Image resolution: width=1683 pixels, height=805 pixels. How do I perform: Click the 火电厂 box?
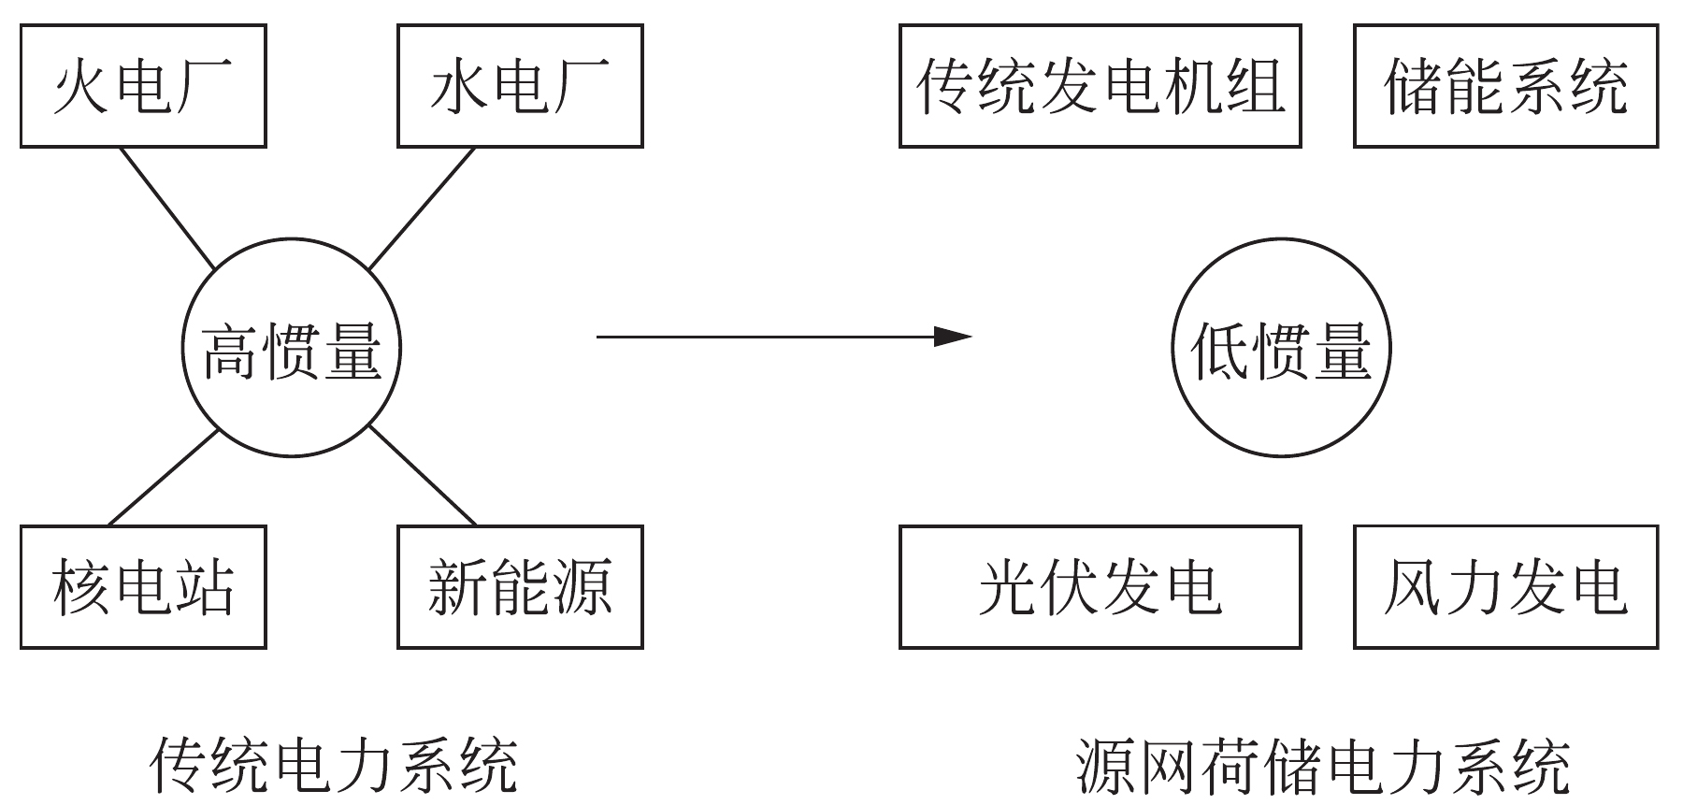coord(143,86)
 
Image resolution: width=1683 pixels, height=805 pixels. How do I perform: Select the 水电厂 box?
coord(520,86)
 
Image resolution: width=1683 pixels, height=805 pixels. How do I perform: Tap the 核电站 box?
coord(143,587)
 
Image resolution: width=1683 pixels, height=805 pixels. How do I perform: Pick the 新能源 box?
coord(520,587)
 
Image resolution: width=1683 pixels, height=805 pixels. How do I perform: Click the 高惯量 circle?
coord(291,349)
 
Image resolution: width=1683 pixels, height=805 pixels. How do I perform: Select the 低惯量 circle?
coord(1281,349)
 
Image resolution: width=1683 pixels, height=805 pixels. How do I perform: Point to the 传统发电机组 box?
coord(1100,86)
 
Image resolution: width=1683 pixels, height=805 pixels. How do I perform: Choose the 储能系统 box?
coord(1505,86)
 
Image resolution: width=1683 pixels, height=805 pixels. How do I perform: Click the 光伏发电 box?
coord(1100,587)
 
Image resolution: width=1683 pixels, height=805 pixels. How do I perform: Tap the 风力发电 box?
coord(1505,587)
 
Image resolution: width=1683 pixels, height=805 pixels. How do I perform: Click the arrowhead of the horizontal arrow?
coord(956,336)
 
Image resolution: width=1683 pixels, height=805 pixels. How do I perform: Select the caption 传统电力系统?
coord(333,766)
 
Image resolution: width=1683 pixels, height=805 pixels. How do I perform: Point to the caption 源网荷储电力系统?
coord(1322,766)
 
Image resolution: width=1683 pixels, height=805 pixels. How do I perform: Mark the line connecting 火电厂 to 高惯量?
coord(168,208)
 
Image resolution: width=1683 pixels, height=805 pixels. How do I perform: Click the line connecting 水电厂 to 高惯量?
coord(423,208)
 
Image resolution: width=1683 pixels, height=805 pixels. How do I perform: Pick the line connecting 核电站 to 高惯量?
coord(164,478)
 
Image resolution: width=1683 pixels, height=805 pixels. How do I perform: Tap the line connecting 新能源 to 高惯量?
coord(423,477)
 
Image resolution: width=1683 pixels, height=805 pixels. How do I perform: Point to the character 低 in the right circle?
coord(1219,351)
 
